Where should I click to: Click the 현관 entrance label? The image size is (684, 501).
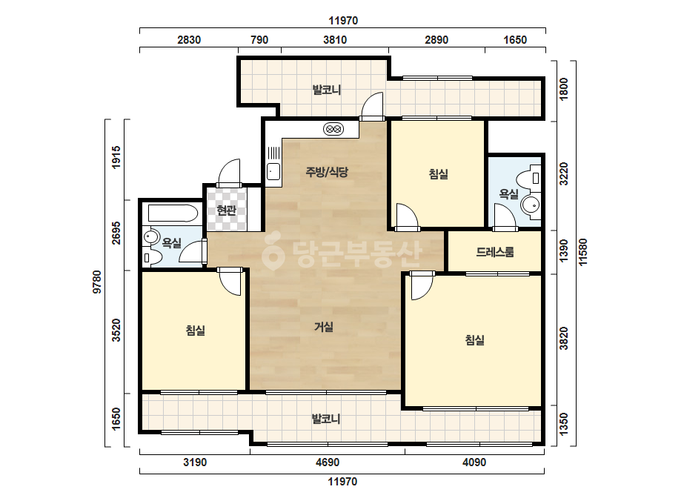227,210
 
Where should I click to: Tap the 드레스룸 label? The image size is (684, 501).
495,252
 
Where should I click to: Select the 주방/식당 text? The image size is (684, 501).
327,172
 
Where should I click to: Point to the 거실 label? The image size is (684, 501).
324,326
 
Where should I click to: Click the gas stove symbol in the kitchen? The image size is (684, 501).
333,129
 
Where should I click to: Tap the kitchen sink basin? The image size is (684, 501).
273,171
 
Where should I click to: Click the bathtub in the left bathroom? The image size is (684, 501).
173,213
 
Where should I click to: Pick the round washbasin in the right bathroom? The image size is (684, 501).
531,205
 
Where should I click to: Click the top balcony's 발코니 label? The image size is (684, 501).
327,90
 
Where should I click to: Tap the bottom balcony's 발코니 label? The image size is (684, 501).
326,419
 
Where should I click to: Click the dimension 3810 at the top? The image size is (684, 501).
335,40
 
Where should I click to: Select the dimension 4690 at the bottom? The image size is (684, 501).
327,462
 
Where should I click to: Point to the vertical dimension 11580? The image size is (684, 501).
582,252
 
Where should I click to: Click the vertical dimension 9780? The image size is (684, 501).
97,282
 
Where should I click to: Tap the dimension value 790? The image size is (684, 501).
259,40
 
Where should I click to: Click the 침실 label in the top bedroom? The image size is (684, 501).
439,174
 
